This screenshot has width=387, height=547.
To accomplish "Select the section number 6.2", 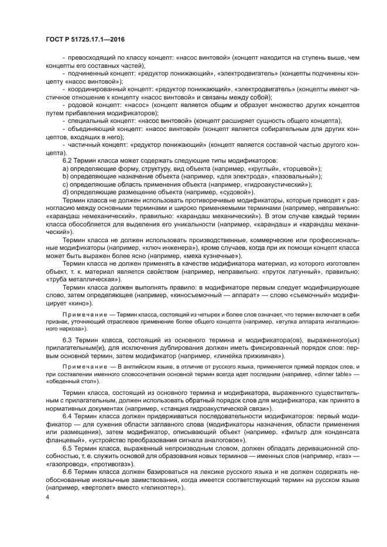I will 69,160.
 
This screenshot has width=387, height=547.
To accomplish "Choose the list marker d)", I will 66,191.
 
